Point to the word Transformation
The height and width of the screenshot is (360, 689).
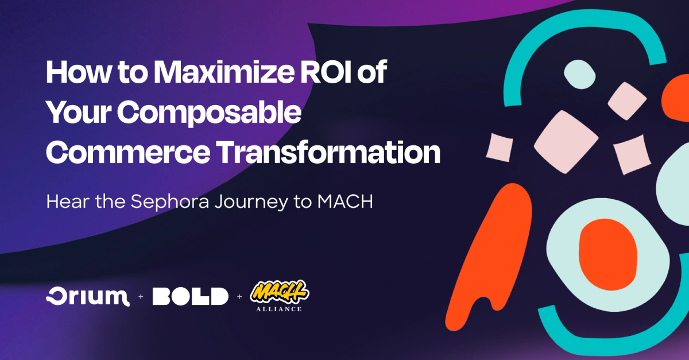(339, 152)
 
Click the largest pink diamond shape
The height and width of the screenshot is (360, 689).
(562, 141)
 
